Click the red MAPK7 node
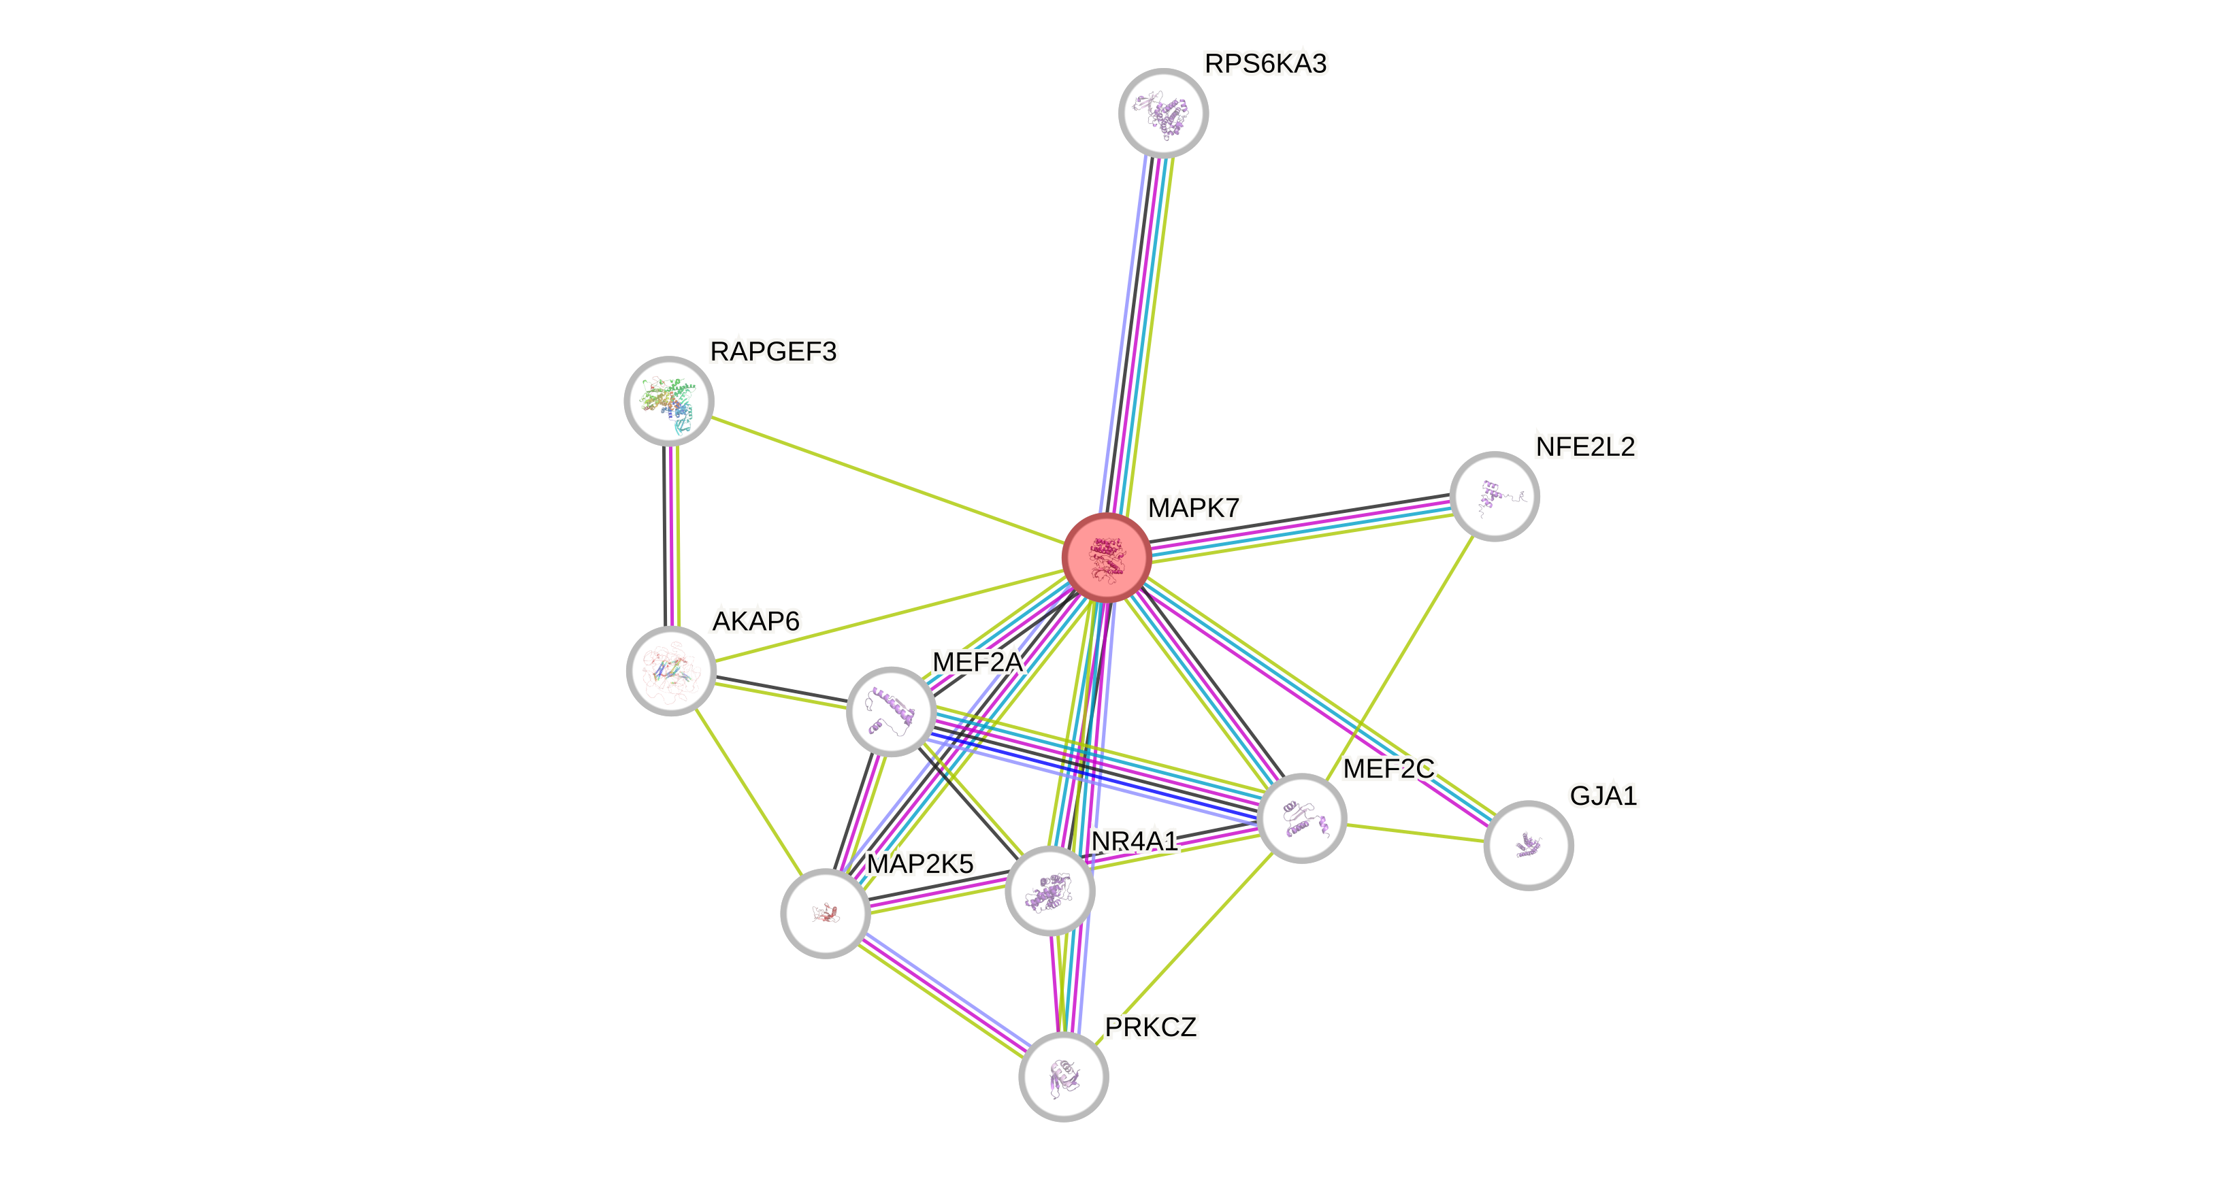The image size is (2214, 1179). pos(1106,557)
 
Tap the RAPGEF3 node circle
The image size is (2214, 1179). pos(668,401)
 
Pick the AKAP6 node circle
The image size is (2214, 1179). pos(670,670)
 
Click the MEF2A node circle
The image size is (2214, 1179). pos(890,711)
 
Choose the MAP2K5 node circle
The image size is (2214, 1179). pos(825,912)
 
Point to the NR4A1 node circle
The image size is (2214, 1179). pos(1049,891)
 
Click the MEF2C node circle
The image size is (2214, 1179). pos(1301,816)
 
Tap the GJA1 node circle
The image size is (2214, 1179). pos(1528,845)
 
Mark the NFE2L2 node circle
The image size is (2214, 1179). pos(1494,496)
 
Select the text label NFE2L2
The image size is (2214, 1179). pos(1585,447)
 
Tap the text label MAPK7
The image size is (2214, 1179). pos(1193,508)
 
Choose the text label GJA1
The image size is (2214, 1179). pos(1603,796)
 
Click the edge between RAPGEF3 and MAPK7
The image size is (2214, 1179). pos(885,479)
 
